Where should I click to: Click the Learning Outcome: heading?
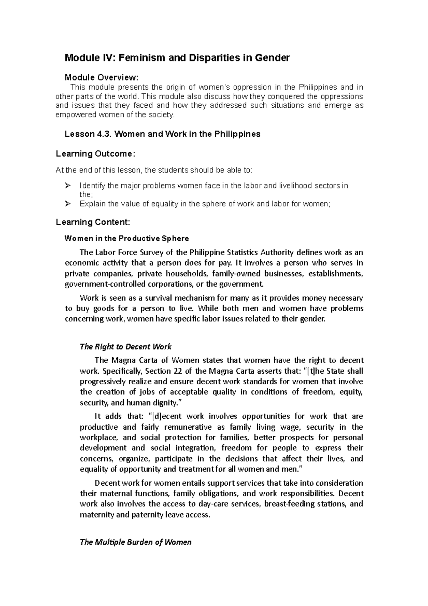96,154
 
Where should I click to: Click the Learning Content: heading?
93,222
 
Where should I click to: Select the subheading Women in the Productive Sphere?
127,238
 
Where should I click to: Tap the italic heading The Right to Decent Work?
126,347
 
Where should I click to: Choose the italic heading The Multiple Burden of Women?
136,542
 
